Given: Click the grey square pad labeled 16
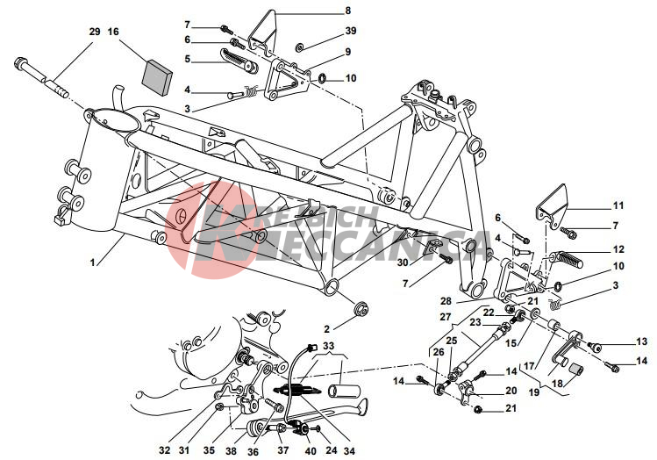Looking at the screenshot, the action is click(158, 76).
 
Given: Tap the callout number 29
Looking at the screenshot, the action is click(95, 32).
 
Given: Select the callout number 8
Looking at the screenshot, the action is click(347, 11).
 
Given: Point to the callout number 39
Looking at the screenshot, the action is click(351, 31).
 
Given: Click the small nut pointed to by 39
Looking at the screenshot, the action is click(300, 47).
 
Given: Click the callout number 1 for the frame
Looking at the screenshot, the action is click(92, 262).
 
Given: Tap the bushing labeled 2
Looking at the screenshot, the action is click(361, 310).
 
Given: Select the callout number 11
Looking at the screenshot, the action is click(618, 205).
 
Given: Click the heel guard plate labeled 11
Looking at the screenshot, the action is click(553, 206).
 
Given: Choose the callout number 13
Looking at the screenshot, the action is click(641, 342).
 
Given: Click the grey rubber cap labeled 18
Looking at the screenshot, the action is click(576, 371).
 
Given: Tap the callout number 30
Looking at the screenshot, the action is click(403, 262).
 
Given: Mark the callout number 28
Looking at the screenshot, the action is click(446, 300).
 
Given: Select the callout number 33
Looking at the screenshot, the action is click(329, 347).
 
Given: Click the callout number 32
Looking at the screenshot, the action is click(165, 450).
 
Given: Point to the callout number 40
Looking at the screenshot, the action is click(310, 451).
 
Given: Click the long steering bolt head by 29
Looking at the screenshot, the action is click(21, 64).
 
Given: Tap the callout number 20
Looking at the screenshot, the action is click(511, 391).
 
